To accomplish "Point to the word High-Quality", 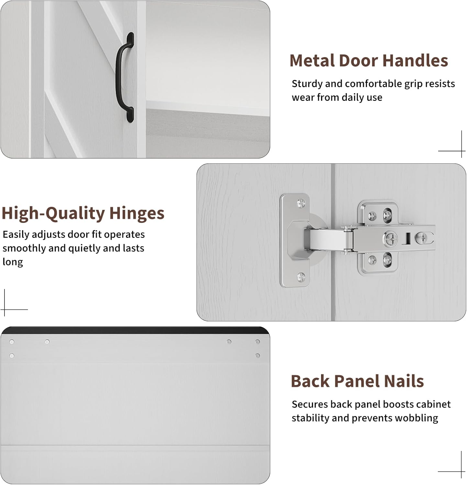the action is (x=53, y=214).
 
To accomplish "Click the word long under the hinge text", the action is (x=13, y=262).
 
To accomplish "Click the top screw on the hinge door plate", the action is (x=301, y=203).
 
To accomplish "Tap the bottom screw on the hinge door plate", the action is (x=301, y=277).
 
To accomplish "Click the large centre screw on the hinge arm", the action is (x=391, y=239).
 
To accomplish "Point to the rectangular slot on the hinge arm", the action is (x=407, y=239).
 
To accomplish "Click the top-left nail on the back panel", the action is (x=12, y=342).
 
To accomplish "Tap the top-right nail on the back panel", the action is (x=258, y=341).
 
